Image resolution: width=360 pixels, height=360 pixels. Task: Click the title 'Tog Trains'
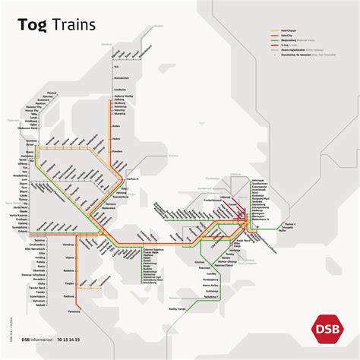pos(56,24)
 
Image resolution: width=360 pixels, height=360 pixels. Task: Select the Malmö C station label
pos(291,224)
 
